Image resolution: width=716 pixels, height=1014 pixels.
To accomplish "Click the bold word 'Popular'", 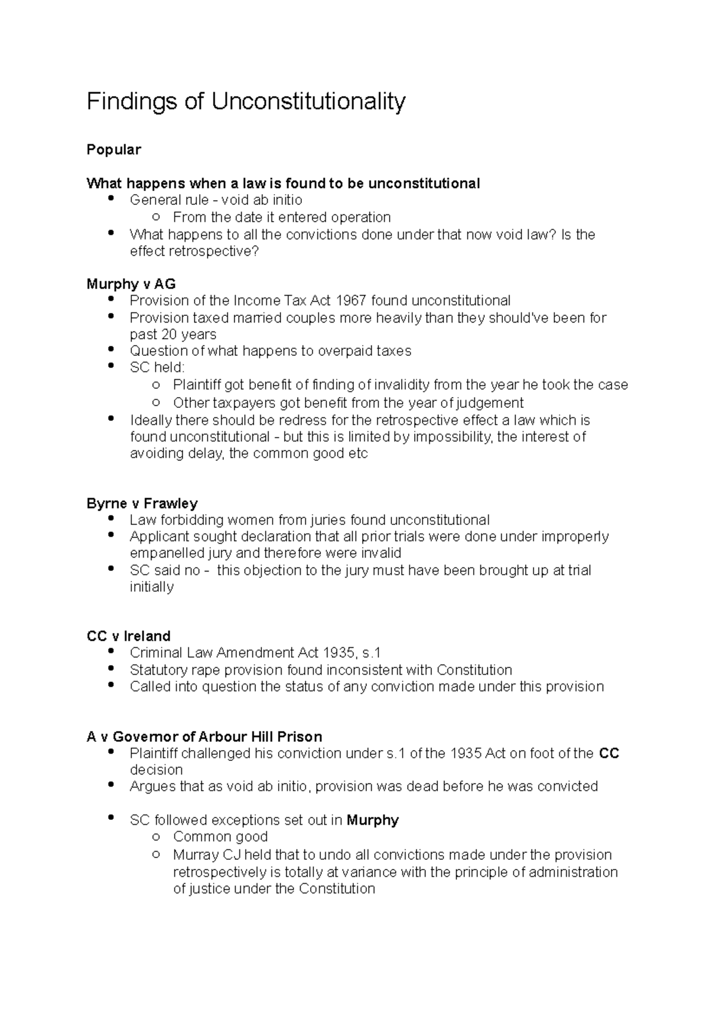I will [x=113, y=149].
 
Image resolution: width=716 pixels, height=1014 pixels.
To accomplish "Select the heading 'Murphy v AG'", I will [x=131, y=284].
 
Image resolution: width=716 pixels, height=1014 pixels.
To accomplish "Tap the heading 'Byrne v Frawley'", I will [x=142, y=503].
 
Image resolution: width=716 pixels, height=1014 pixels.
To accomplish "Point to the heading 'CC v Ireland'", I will [x=128, y=636].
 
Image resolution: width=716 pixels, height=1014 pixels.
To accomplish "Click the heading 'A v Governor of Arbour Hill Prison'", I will [x=204, y=736].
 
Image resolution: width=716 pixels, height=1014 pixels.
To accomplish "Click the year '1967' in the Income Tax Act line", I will [x=351, y=300].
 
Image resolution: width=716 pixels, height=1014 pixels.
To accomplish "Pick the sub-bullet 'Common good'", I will [x=220, y=837].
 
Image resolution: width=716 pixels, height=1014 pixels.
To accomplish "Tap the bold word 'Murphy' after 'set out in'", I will [x=372, y=820].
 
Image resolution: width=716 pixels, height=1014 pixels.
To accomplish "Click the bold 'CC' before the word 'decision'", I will [x=609, y=754].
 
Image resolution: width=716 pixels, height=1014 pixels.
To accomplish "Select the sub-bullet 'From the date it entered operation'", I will [x=282, y=217].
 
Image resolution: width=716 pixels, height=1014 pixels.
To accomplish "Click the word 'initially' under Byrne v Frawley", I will [x=152, y=587].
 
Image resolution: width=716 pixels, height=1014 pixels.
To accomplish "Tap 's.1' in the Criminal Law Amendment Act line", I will [x=371, y=653].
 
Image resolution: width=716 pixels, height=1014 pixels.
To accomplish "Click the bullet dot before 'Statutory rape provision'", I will [x=111, y=668].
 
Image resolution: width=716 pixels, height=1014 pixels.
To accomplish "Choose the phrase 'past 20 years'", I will [x=173, y=334].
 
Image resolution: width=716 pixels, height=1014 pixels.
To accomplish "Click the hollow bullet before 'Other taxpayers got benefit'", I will [x=156, y=402].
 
